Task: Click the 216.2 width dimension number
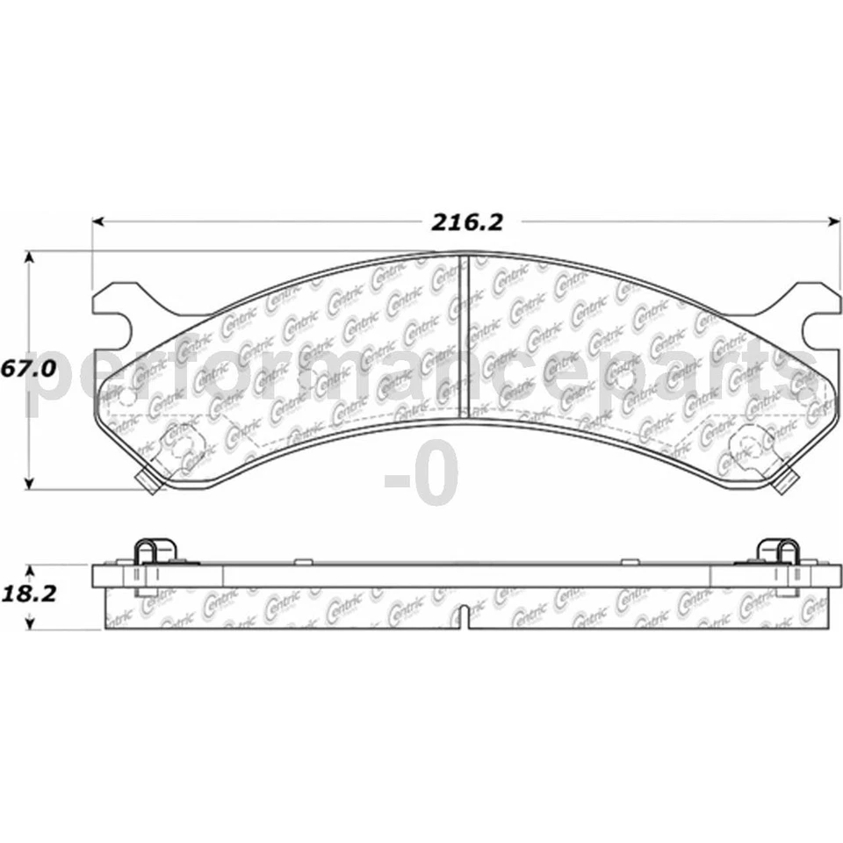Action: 467,222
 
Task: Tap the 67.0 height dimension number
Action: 28,369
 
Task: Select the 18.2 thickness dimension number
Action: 29,594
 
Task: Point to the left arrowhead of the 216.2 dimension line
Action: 97,221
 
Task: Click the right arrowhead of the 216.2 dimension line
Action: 834,221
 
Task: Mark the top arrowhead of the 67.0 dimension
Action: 30,257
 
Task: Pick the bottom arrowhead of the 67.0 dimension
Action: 30,484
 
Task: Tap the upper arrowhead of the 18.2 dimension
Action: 30,570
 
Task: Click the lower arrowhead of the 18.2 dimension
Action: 30,623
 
